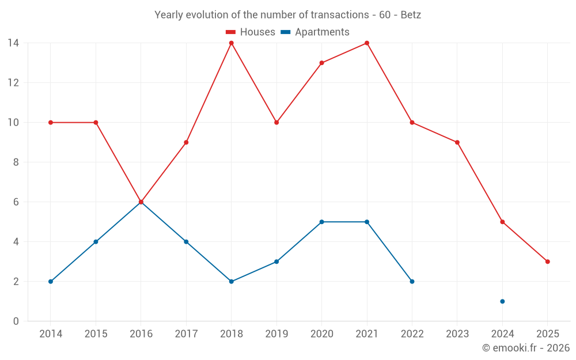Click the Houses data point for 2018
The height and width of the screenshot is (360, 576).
coord(231,43)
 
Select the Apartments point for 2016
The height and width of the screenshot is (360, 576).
coord(141,202)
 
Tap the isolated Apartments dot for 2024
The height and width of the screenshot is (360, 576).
coord(502,301)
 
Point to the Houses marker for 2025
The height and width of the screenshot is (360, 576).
coord(547,262)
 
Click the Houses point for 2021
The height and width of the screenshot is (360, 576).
coord(367,43)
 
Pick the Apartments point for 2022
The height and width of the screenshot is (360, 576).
coord(412,282)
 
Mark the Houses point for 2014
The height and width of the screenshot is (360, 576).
coord(51,123)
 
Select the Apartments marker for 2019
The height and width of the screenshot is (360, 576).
coord(276,262)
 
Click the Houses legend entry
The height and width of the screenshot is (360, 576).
coord(250,32)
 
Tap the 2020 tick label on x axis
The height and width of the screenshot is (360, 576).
coord(321,334)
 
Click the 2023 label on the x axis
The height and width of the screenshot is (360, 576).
coord(457,334)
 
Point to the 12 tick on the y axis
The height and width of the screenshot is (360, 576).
coord(13,83)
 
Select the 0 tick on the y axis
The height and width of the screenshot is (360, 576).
coord(16,321)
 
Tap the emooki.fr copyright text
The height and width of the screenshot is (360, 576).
coord(526,348)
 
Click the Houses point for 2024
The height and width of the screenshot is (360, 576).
coord(502,222)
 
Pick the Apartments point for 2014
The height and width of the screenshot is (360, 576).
coord(51,282)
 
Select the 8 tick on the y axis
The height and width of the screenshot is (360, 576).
coord(16,162)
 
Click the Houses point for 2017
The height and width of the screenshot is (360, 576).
coord(186,142)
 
